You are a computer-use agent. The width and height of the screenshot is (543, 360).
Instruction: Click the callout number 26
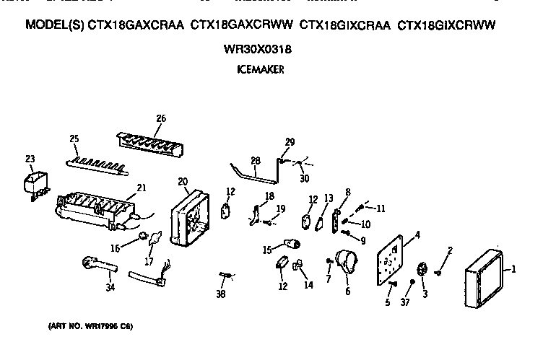(160, 118)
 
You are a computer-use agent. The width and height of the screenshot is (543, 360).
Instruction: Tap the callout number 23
(30, 159)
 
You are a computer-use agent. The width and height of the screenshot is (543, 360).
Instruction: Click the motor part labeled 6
(343, 263)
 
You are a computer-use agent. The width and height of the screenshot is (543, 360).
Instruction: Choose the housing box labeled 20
(189, 214)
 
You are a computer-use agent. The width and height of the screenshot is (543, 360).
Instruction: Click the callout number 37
(405, 302)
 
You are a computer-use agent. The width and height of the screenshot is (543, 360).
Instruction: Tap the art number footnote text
(91, 325)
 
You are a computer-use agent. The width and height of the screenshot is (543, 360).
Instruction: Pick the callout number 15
(266, 250)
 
